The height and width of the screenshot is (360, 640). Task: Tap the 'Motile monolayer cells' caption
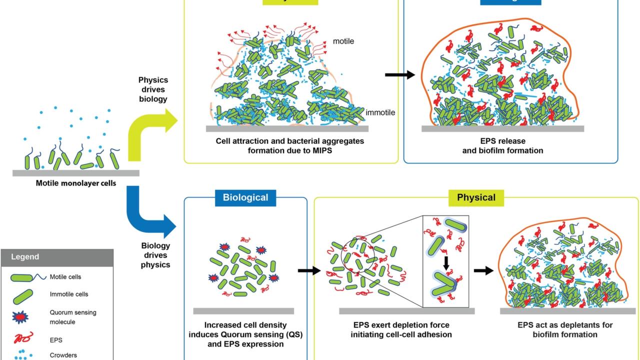[76, 183]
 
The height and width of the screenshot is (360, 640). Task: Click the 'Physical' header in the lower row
[476, 197]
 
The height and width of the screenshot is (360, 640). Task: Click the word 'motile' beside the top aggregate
[343, 41]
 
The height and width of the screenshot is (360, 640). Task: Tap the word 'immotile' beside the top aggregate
[380, 112]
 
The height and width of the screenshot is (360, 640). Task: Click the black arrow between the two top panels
[400, 75]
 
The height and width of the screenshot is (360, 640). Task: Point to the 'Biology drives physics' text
[155, 255]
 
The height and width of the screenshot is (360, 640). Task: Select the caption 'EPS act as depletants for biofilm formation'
[565, 329]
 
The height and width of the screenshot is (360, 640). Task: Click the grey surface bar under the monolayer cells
[76, 173]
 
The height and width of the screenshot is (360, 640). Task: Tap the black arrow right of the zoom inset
[483, 271]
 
